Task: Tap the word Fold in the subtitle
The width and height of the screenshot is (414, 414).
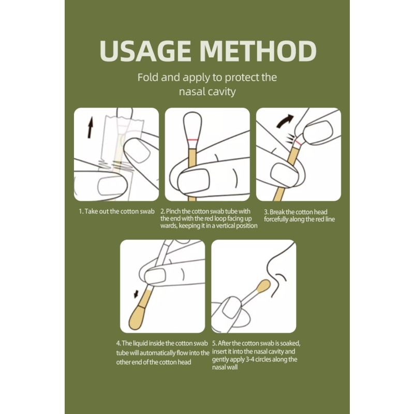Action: point(148,78)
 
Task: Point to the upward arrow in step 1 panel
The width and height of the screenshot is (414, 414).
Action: point(90,127)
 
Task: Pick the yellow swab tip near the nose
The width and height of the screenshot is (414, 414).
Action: point(263,286)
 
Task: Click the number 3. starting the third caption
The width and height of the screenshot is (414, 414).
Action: point(267,211)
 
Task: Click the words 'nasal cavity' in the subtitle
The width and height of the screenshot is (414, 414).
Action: point(207,92)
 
